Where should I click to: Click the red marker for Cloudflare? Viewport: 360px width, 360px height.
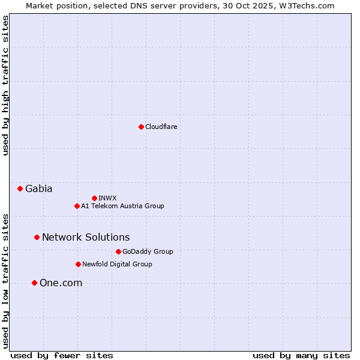tap(141, 127)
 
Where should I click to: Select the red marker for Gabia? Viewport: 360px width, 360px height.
tap(20, 188)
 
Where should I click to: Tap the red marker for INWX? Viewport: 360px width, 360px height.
tap(94, 198)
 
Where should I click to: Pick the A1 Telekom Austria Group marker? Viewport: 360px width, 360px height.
tap(77, 206)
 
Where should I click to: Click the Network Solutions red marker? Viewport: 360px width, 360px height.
tap(37, 237)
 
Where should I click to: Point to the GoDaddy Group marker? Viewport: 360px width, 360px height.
tap(118, 251)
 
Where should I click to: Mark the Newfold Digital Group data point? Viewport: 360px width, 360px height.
tap(78, 264)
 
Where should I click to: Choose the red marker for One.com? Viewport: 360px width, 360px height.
tap(34, 283)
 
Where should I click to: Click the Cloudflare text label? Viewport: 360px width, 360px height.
tap(161, 127)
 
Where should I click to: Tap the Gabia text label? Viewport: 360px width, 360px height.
tap(38, 188)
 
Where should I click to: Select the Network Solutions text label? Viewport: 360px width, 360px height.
tap(86, 237)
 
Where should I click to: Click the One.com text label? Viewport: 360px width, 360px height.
tap(61, 283)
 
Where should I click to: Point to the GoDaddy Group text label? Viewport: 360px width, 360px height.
tap(148, 251)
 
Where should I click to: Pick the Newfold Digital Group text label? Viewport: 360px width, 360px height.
tap(117, 264)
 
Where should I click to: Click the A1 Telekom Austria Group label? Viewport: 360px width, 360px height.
tap(122, 206)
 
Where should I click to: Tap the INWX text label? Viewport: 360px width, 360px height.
tap(107, 198)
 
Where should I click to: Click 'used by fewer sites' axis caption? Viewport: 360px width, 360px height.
tap(62, 355)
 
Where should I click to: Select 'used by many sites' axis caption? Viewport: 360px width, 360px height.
tap(301, 355)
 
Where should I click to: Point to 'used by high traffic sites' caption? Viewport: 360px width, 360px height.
tap(5, 85)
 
